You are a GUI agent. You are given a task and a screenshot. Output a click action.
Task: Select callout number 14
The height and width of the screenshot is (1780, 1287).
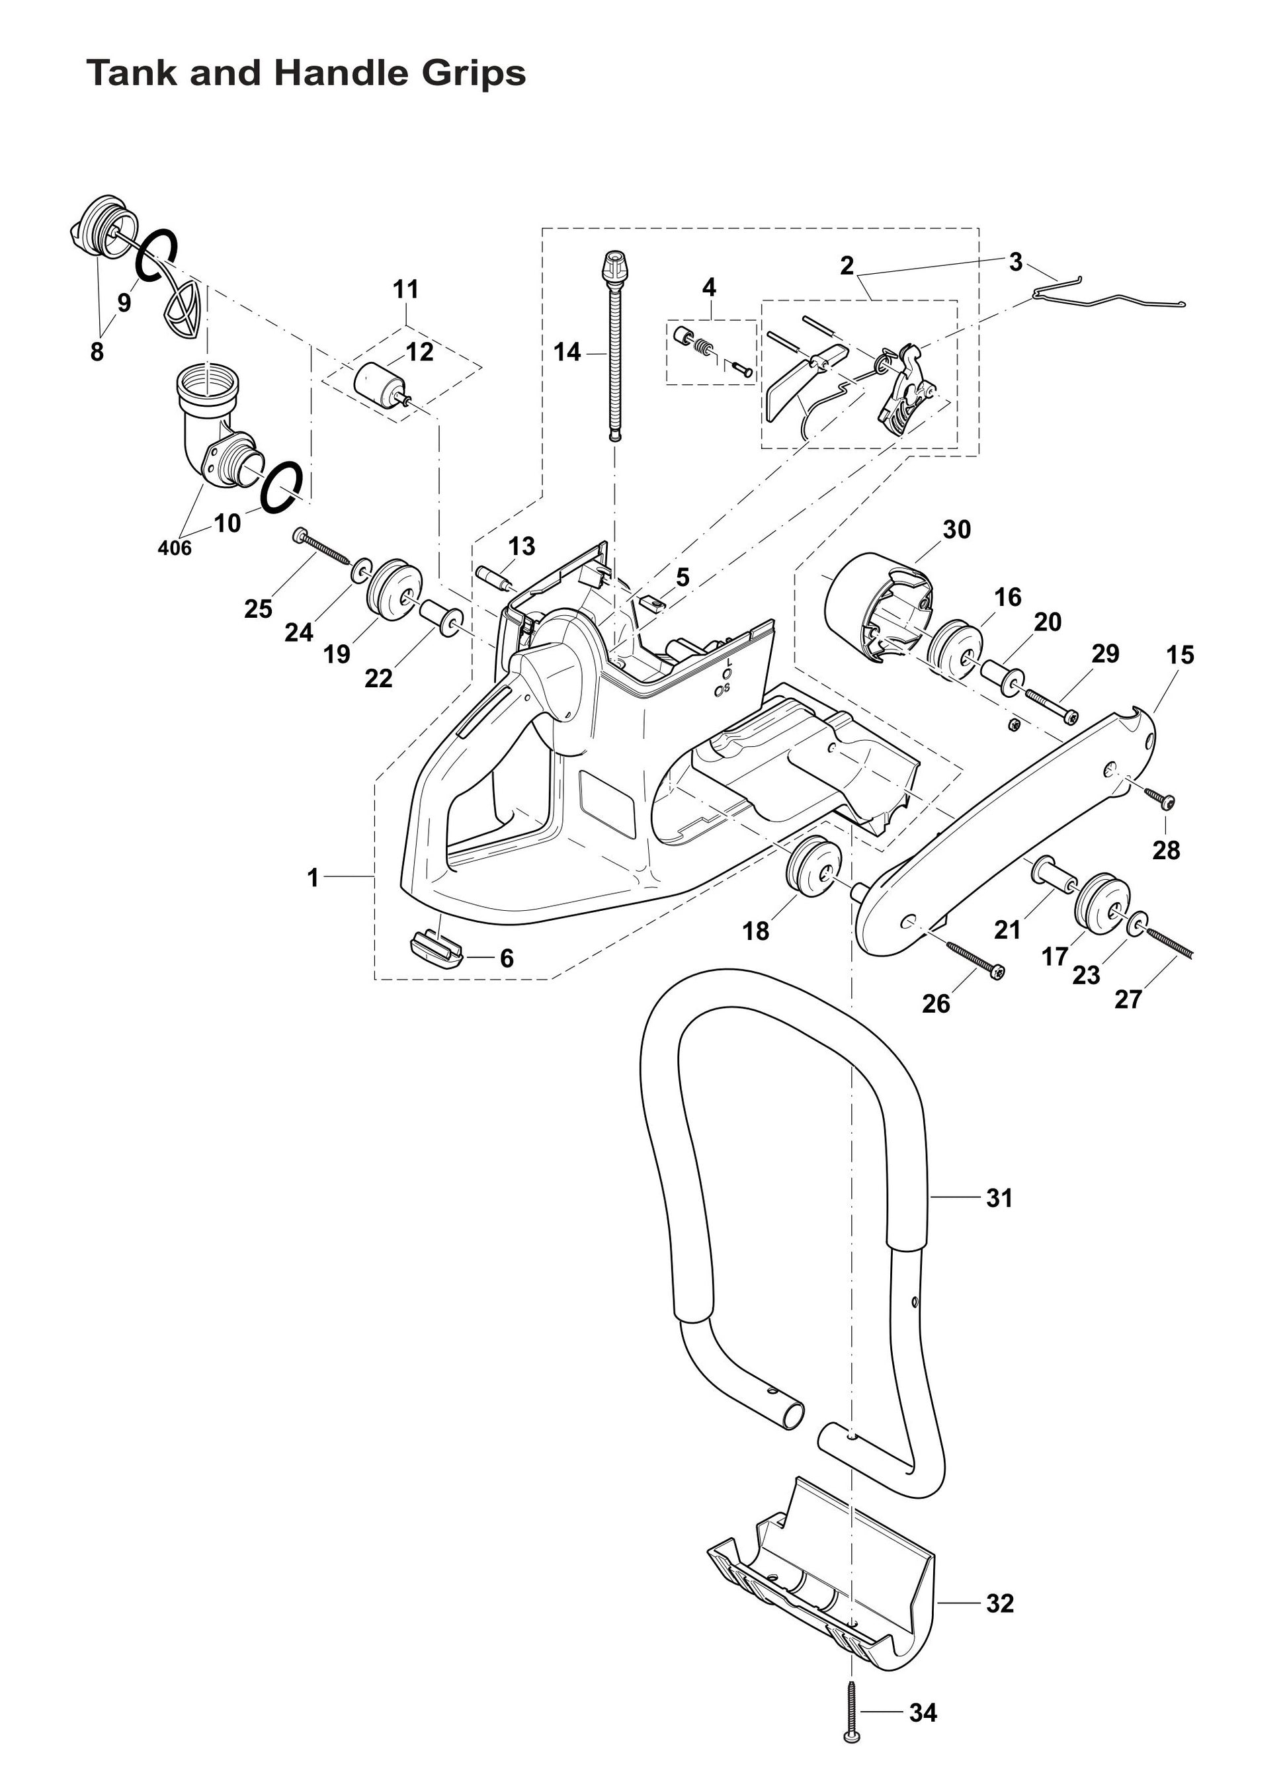click(x=567, y=353)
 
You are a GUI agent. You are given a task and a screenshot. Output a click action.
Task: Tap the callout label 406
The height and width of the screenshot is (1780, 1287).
click(x=174, y=548)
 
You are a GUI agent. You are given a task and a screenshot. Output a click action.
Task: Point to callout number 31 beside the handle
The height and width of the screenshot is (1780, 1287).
click(x=999, y=1199)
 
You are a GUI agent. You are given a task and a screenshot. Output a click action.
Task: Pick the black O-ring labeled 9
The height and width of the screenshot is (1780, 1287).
click(x=156, y=254)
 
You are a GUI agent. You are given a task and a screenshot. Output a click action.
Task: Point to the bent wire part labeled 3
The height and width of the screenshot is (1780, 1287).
click(x=1106, y=296)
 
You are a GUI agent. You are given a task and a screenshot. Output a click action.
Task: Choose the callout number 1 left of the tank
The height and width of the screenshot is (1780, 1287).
click(x=313, y=878)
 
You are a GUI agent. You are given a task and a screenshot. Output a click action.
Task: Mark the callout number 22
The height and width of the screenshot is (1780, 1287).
click(x=378, y=678)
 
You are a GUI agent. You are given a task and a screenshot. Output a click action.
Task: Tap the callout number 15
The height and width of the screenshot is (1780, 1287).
click(x=1179, y=655)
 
